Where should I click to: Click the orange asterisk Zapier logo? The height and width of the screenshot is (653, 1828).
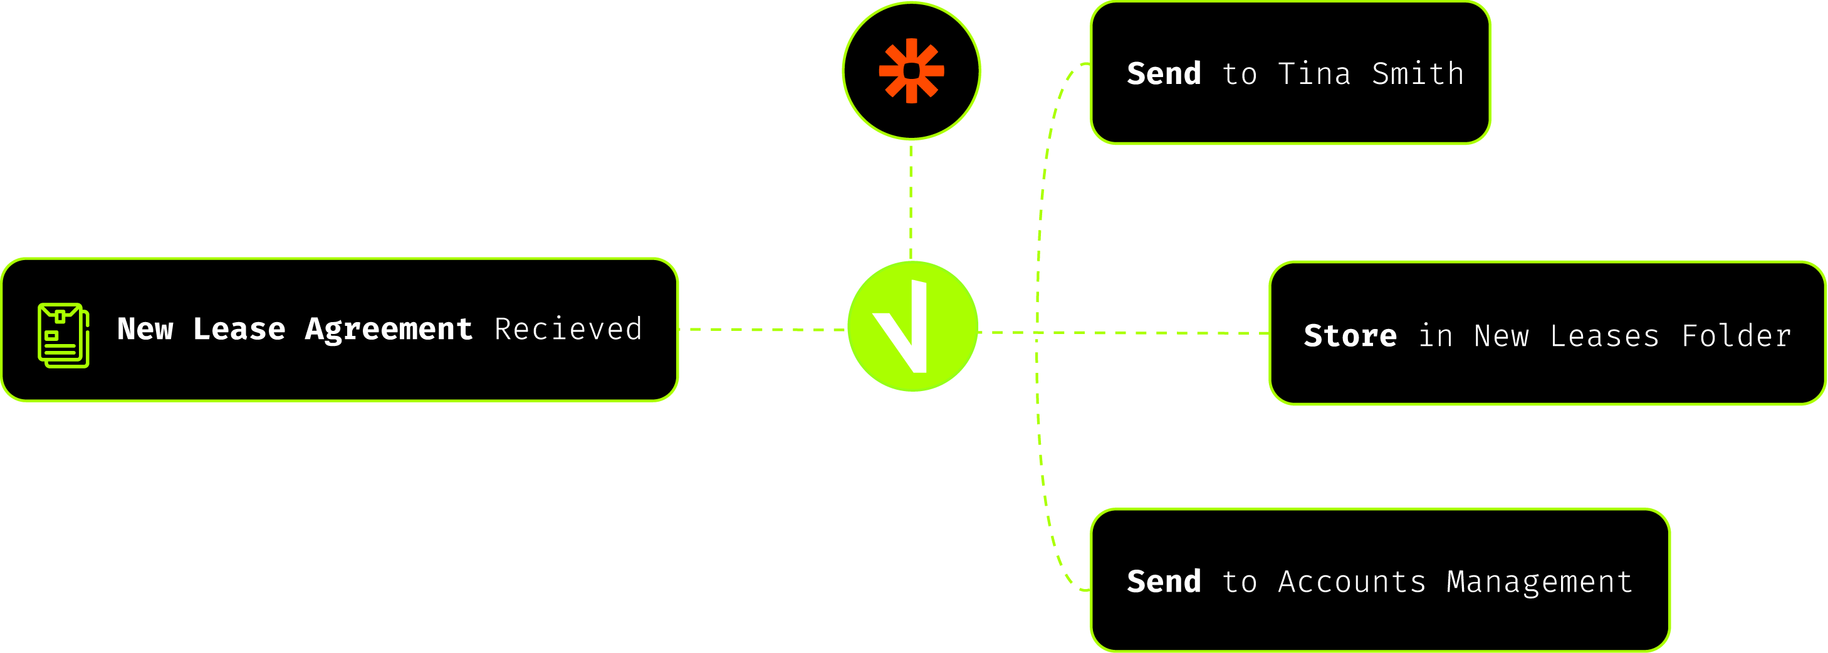pos(911,71)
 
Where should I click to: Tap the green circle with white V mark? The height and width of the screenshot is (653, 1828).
pos(912,326)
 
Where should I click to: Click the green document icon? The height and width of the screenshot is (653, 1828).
pos(63,335)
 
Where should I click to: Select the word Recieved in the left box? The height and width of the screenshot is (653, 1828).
pos(568,330)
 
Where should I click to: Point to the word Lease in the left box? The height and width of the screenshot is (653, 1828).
pos(239,330)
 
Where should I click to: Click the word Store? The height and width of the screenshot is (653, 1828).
pos(1350,336)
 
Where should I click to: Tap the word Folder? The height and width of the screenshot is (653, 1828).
pos(1736,336)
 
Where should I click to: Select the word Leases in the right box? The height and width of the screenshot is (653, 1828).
pos(1604,336)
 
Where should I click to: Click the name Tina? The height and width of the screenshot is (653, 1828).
pos(1314,74)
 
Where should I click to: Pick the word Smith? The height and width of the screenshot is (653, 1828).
pos(1417,74)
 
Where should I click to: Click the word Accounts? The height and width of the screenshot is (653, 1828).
pos(1351,582)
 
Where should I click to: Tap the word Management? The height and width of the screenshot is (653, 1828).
pos(1539,582)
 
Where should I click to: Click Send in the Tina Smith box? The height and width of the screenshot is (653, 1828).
pos(1164,74)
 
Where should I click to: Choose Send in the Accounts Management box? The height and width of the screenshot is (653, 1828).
pos(1164,582)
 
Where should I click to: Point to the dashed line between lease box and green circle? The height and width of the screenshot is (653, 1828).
pos(763,330)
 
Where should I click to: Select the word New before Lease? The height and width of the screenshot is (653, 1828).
pos(145,330)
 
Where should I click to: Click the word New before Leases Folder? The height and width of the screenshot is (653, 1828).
pos(1501,336)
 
